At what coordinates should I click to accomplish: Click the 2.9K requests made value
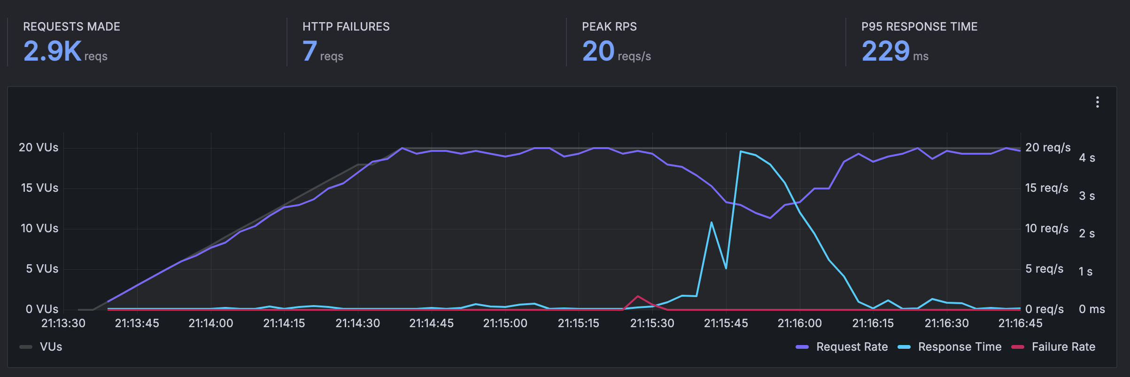click(x=52, y=51)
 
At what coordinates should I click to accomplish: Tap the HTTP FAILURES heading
click(x=346, y=27)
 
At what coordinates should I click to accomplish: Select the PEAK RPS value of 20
click(x=598, y=51)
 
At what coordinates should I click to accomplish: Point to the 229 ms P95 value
click(x=885, y=51)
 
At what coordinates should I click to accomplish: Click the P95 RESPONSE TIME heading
click(x=919, y=27)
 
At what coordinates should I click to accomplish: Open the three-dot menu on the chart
click(x=1097, y=102)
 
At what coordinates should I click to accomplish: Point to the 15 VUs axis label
click(x=39, y=188)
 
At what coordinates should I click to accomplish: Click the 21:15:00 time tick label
click(x=505, y=323)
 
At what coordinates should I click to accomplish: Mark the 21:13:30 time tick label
click(x=63, y=323)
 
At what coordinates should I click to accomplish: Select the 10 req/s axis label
click(x=1046, y=228)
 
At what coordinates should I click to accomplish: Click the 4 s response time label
click(x=1087, y=158)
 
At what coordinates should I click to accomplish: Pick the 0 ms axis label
click(x=1091, y=309)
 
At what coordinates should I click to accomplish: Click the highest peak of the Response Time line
click(x=741, y=151)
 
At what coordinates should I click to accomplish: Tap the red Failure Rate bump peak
click(x=637, y=296)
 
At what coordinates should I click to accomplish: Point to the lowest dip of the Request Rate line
click(x=770, y=218)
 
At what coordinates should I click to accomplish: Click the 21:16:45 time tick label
click(x=1020, y=323)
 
